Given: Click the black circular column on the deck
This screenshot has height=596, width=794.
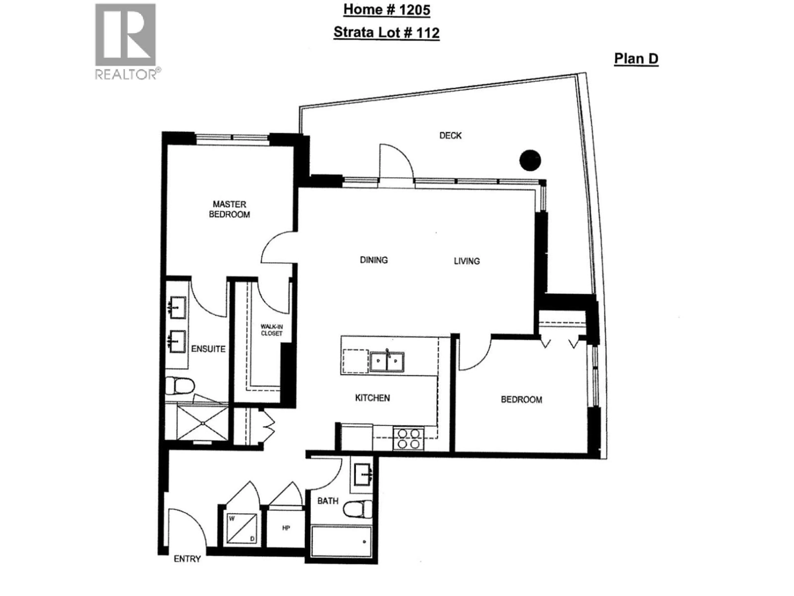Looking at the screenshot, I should pos(530,160).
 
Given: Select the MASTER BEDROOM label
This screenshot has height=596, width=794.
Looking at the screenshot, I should pos(229,209).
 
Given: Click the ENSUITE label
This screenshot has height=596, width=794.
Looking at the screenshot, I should pos(208,349).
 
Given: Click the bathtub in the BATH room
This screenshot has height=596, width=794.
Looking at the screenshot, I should pos(341,542).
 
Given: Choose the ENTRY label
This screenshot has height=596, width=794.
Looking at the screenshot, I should pos(187,559).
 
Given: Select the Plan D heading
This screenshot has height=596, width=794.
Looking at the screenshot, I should pos(636,59).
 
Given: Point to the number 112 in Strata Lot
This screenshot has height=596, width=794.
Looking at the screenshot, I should pos(428,33).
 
